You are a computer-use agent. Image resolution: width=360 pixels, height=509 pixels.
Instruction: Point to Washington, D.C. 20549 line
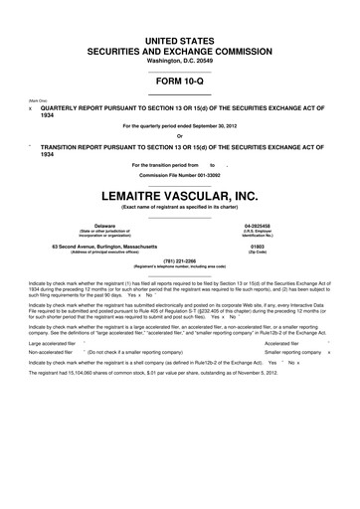click(x=180, y=62)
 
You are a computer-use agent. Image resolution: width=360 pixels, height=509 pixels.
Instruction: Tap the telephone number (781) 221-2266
click(x=180, y=260)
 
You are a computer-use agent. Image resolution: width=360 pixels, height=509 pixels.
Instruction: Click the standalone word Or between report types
click(x=180, y=136)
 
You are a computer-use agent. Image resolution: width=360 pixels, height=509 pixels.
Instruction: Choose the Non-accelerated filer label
click(x=52, y=353)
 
